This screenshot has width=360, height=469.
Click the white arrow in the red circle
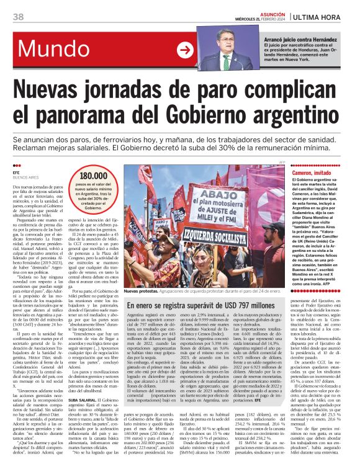(x=185, y=50)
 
